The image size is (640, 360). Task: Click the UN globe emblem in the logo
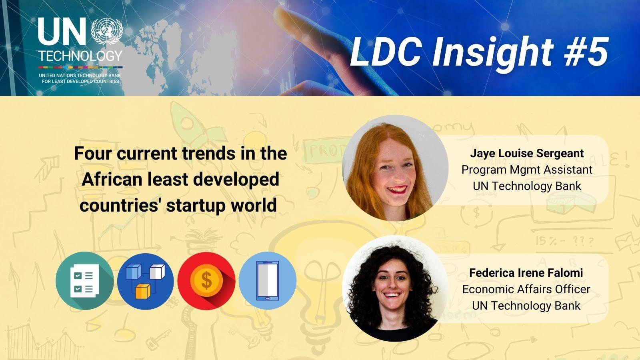(x=107, y=31)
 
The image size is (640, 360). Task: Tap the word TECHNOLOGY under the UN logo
(x=80, y=56)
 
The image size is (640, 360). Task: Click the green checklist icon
(x=84, y=281)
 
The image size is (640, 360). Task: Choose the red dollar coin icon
(x=206, y=281)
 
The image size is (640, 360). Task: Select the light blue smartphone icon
(x=268, y=280)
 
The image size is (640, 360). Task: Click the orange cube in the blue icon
(x=142, y=292)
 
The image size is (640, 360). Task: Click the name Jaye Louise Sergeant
(x=527, y=154)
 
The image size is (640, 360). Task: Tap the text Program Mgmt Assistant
(x=527, y=170)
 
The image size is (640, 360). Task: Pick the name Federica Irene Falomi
(x=526, y=273)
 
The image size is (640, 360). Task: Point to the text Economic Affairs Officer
(x=526, y=290)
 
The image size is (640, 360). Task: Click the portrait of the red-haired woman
(x=395, y=168)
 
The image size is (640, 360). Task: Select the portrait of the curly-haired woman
(x=395, y=288)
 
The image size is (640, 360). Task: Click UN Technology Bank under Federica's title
(x=526, y=306)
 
